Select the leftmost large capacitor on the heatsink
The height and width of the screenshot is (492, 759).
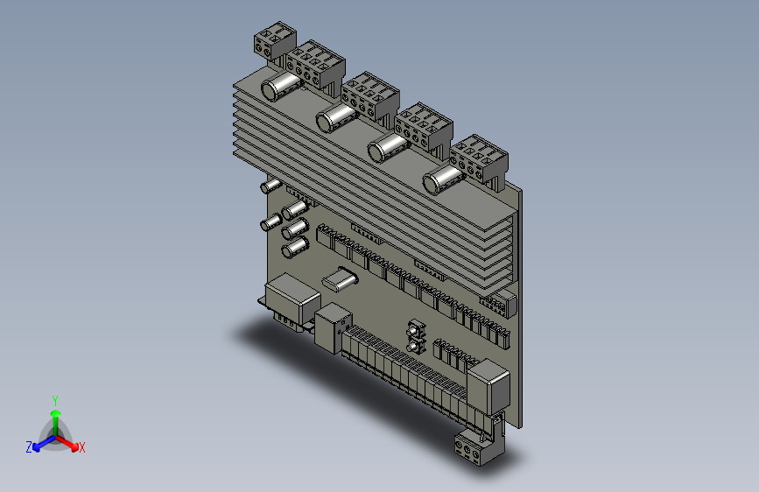pos(282,86)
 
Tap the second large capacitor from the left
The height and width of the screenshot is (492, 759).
pos(334,117)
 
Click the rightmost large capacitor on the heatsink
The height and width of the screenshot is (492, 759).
pos(441,180)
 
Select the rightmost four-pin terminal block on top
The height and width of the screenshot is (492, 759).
pos(480,158)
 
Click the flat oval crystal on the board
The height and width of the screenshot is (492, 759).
pos(340,279)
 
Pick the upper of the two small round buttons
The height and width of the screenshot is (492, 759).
pos(414,330)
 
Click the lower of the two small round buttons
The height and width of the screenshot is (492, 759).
pos(414,348)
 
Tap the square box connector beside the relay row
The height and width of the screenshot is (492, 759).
pos(333,328)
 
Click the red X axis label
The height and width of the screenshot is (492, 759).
pos(81,447)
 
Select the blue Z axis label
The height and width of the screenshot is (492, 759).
pos(29,447)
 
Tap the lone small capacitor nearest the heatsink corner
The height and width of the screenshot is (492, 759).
pos(271,186)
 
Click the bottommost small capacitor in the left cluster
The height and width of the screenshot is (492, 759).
pos(294,249)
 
